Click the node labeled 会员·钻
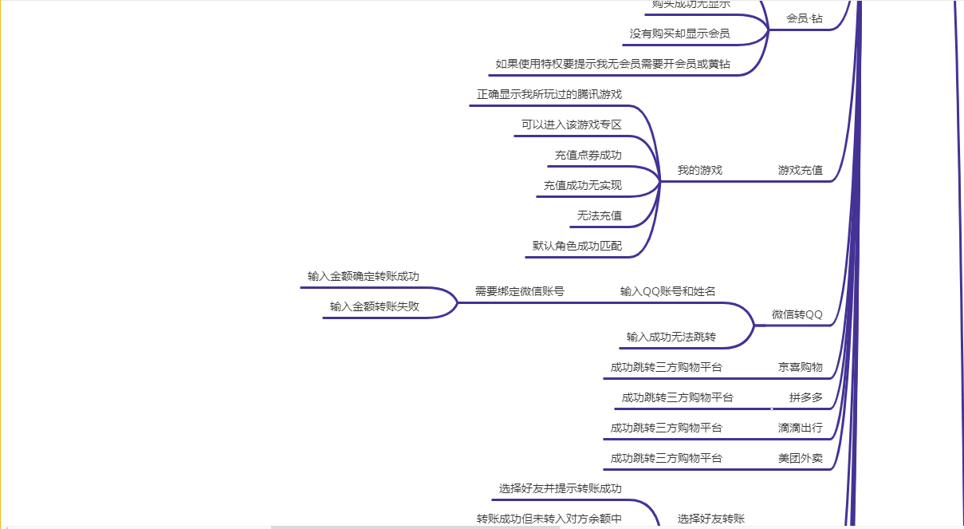[804, 18]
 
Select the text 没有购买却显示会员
[679, 34]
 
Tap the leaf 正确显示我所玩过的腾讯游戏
[549, 94]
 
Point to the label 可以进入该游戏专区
[572, 124]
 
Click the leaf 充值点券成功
[588, 155]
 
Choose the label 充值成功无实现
[583, 185]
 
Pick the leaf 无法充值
[600, 215]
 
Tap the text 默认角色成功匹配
[577, 246]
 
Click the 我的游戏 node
[700, 170]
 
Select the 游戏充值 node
[801, 170]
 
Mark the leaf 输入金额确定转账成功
[364, 276]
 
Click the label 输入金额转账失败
[375, 306]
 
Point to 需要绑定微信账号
[520, 291]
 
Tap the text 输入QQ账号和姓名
[668, 291]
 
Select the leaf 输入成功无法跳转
[671, 337]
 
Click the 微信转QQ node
[797, 314]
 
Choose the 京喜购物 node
[801, 367]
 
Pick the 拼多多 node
[806, 397]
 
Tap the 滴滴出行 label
[801, 428]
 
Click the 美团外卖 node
[801, 458]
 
